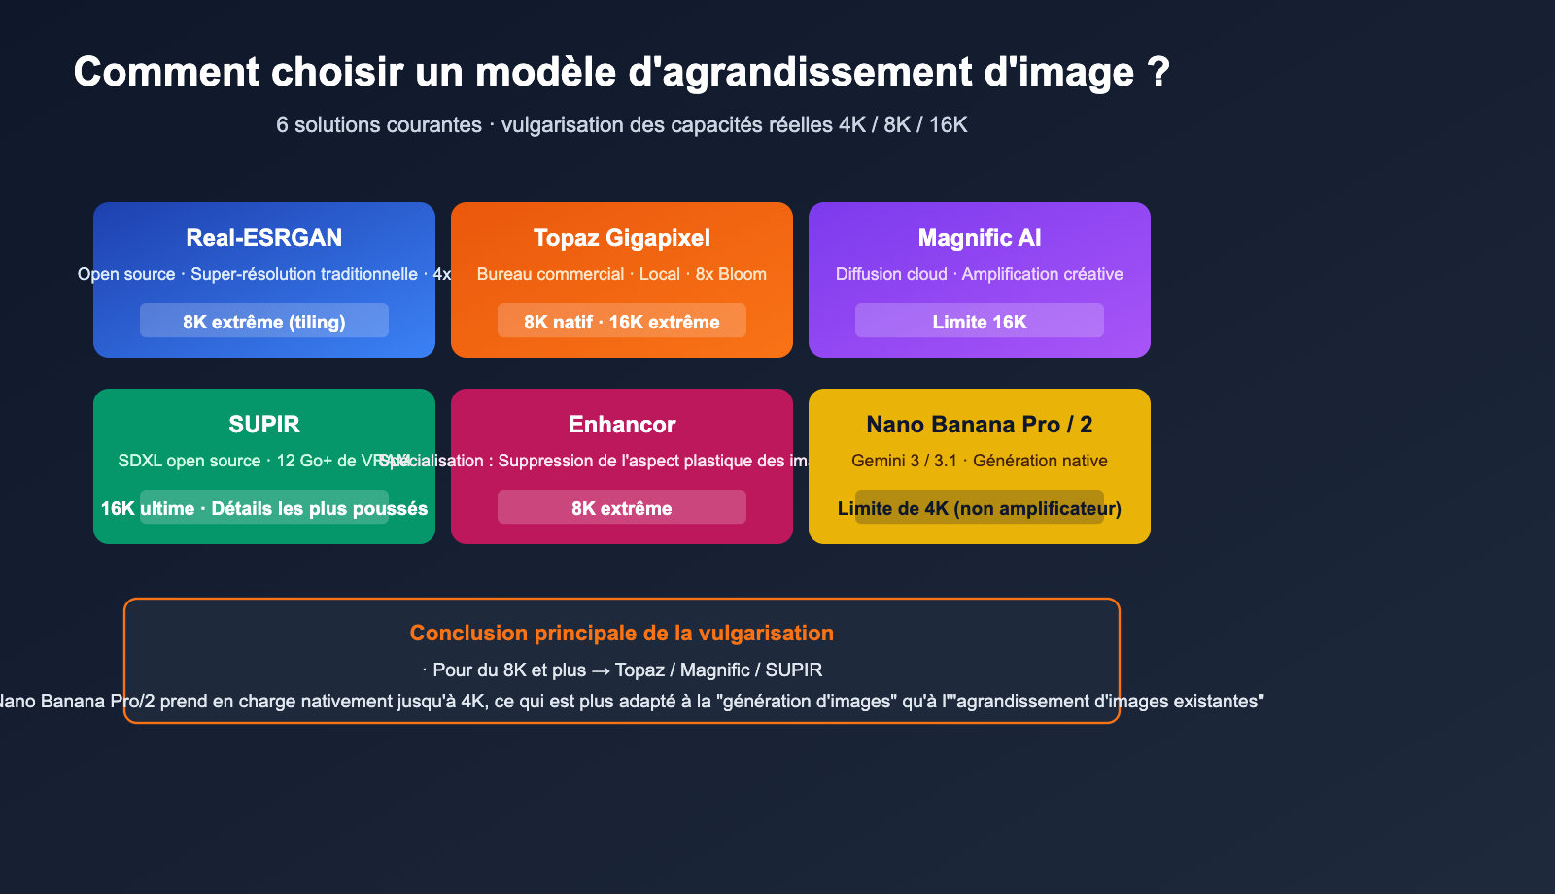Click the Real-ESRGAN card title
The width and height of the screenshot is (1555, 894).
263,238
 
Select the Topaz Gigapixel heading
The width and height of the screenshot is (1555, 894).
621,238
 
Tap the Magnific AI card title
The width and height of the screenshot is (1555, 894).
979,238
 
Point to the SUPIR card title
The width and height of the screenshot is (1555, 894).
263,425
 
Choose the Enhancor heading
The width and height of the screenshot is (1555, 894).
621,425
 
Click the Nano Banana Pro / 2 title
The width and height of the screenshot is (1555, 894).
979,425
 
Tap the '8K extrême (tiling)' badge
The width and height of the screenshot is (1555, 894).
263,322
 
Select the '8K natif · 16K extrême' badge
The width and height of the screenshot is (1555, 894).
621,322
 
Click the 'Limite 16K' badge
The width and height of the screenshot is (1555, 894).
979,322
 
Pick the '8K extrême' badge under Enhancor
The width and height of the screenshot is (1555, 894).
621,508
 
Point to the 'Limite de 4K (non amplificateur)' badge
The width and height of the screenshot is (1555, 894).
979,508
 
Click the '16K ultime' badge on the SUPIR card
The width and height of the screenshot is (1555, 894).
263,508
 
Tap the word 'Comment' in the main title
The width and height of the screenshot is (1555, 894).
166,73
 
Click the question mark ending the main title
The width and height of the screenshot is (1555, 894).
1158,73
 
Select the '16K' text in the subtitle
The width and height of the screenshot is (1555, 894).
948,125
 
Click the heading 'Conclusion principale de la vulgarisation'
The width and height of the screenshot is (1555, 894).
621,634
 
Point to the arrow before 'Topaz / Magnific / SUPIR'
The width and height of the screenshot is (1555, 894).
601,671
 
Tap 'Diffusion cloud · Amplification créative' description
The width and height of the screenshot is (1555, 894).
979,274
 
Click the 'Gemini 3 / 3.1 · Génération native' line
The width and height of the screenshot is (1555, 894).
979,461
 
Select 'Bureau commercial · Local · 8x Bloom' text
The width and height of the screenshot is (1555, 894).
621,274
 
